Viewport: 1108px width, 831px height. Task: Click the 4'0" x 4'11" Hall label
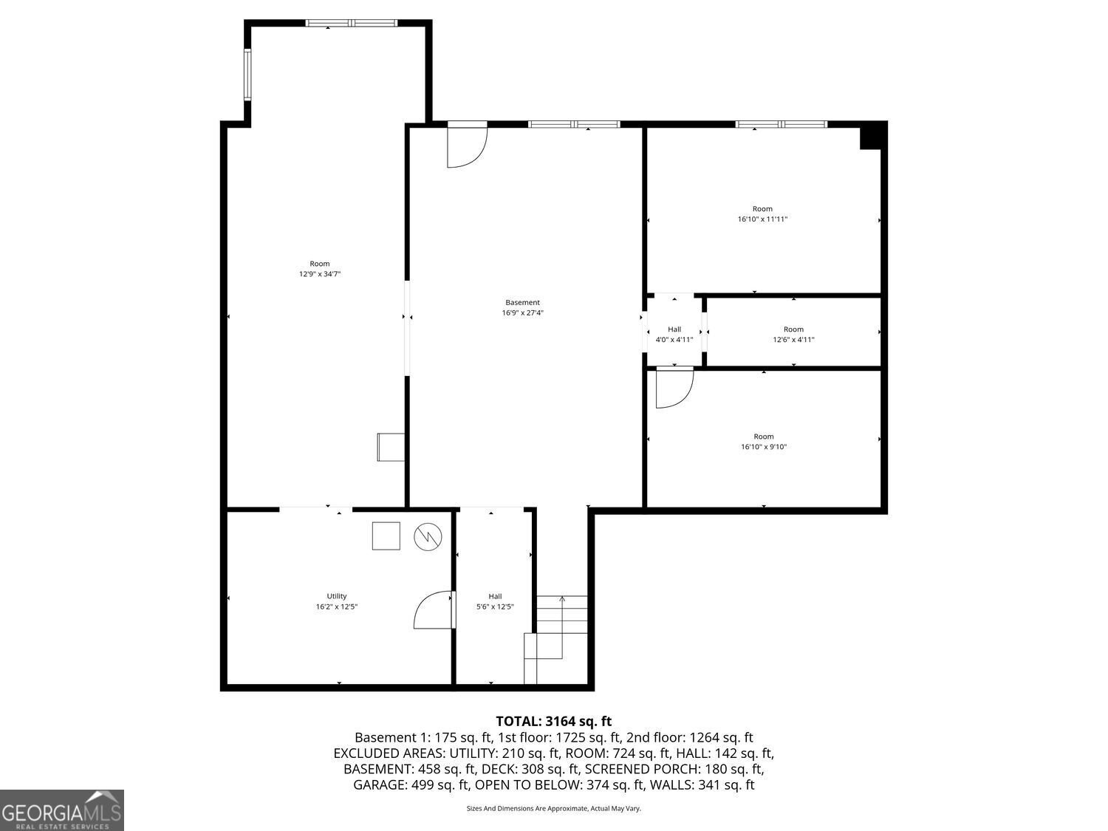pos(674,335)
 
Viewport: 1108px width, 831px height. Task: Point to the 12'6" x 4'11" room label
pos(793,335)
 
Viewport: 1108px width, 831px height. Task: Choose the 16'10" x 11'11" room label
pos(762,214)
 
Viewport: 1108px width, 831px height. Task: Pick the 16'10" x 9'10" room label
pos(764,442)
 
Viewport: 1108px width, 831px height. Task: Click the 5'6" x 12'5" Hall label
pos(495,601)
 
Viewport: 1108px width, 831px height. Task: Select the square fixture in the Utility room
pos(386,536)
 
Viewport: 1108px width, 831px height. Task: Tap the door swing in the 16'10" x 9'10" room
pos(674,389)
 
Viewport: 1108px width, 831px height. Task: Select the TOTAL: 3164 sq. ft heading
pos(553,721)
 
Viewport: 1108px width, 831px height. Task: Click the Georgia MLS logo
pos(62,810)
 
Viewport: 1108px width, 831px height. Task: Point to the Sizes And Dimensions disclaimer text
pos(553,808)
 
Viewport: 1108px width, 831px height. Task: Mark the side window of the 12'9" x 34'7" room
pos(248,75)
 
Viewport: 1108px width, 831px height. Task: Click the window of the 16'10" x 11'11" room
pos(781,124)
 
